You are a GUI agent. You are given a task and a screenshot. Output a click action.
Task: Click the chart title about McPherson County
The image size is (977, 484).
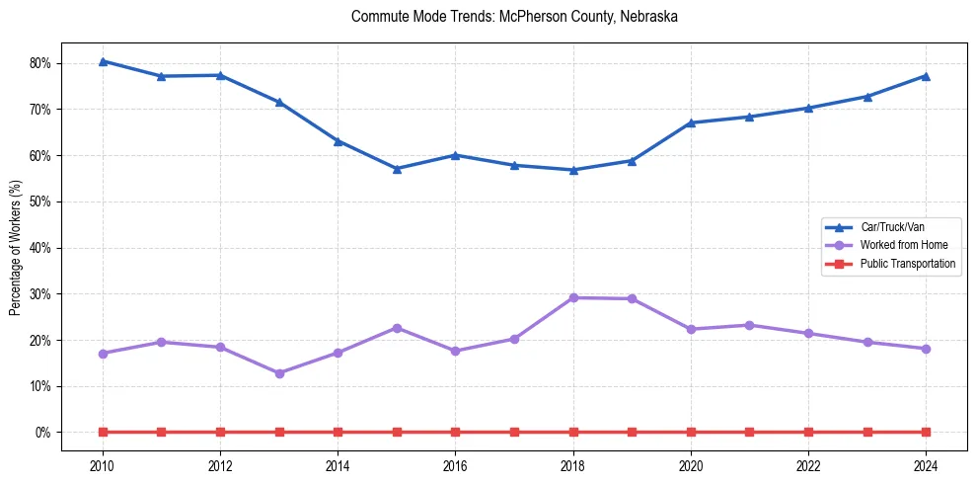(514, 17)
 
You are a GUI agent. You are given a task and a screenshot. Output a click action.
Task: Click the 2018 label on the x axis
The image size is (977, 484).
(573, 465)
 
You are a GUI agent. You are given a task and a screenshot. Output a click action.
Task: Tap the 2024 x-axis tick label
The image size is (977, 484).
(926, 465)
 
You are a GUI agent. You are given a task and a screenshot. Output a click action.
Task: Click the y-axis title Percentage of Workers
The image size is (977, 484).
(16, 248)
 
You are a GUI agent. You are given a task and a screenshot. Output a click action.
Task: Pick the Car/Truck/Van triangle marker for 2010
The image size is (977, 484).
(103, 61)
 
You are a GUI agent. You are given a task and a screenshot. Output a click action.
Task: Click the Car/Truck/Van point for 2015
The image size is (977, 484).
(397, 169)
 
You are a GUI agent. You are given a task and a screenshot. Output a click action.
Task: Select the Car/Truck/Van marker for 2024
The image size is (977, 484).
(926, 76)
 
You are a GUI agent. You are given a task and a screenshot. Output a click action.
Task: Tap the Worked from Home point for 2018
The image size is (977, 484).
(573, 297)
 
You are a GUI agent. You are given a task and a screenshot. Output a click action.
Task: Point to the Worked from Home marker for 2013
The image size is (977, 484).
(279, 373)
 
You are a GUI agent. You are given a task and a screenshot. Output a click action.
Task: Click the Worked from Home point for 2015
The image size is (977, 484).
(397, 328)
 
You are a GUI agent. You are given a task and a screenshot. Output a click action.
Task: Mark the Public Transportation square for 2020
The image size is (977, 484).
(691, 432)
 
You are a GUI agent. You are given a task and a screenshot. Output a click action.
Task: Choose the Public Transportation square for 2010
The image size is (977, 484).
(103, 432)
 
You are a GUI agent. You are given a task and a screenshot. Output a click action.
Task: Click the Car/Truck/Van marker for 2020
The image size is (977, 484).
(691, 122)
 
